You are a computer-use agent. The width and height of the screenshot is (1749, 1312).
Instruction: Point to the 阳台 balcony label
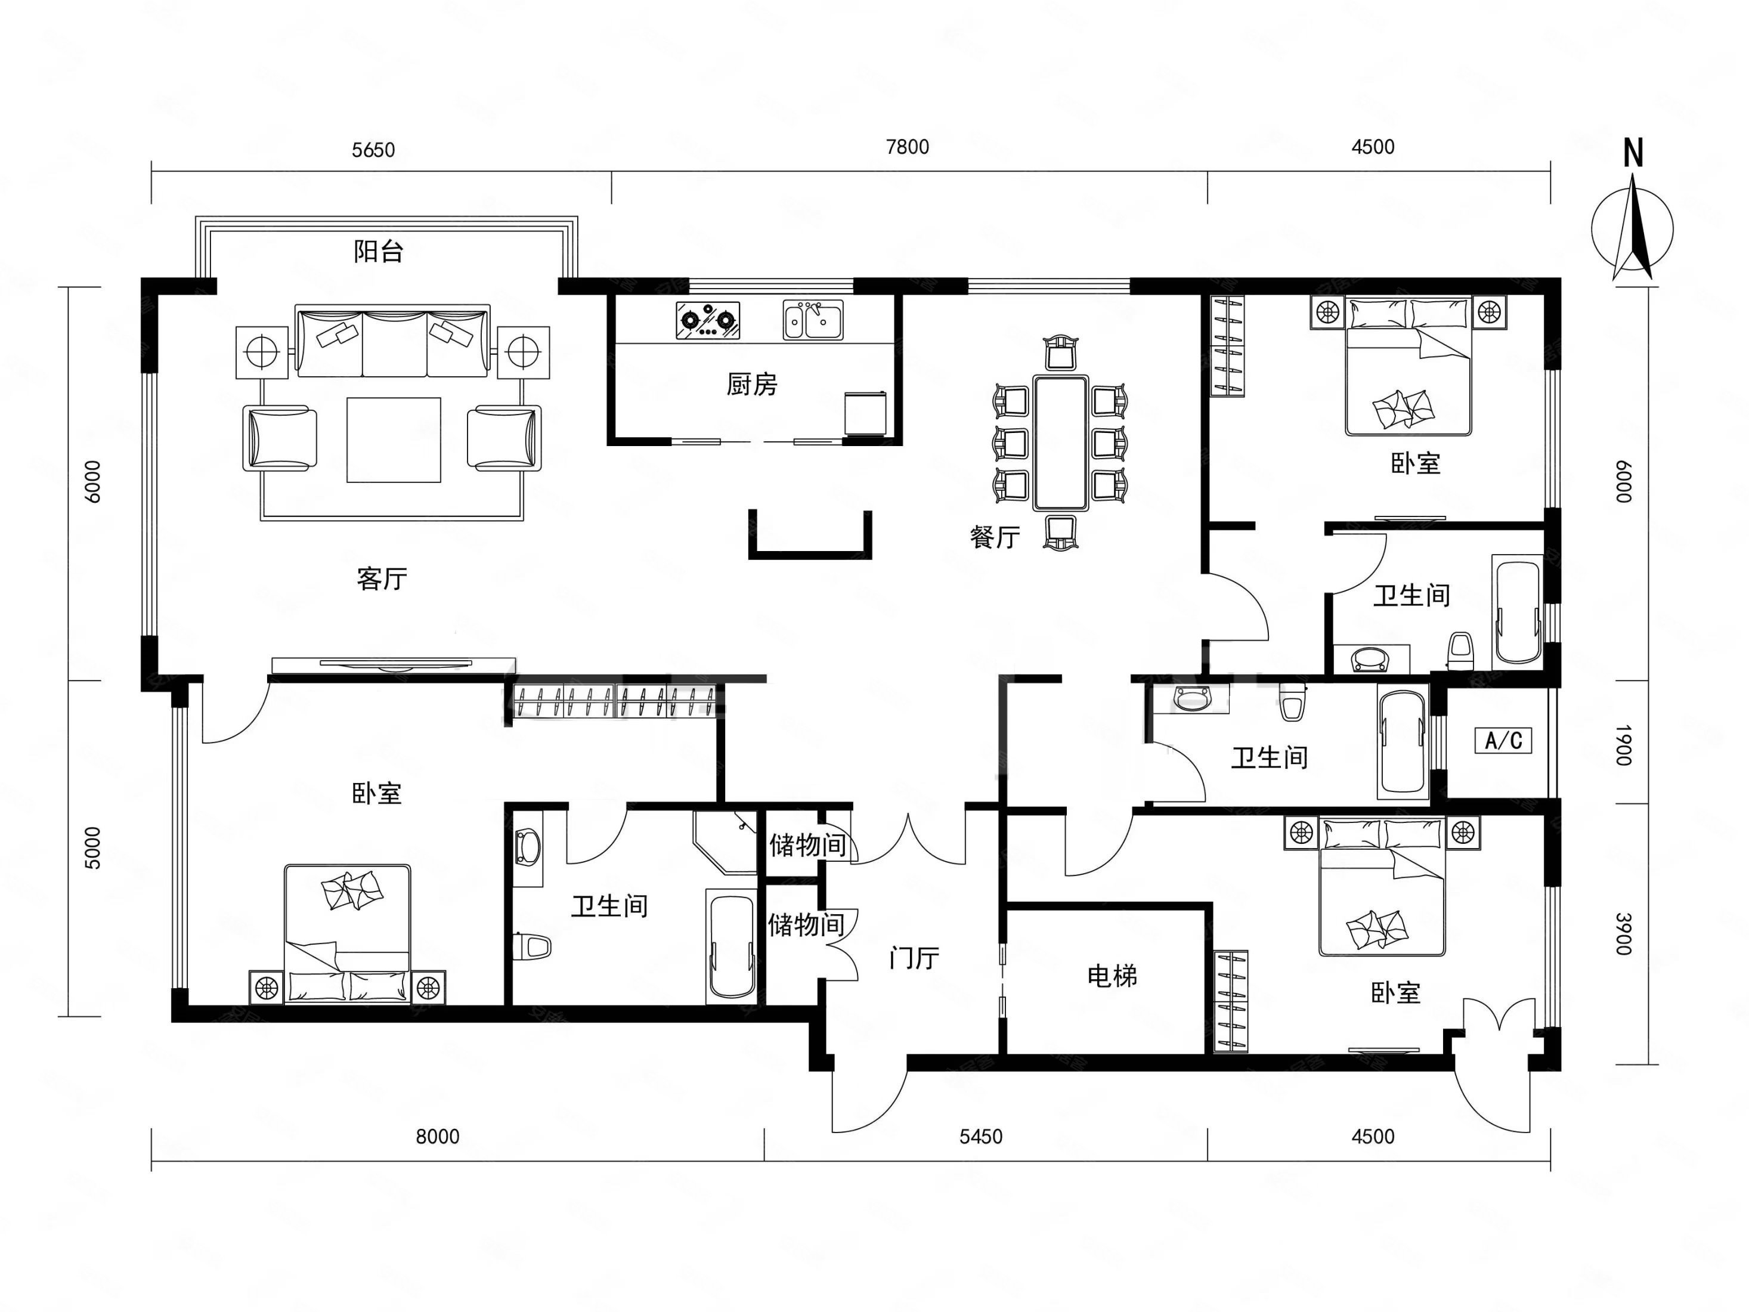(x=379, y=252)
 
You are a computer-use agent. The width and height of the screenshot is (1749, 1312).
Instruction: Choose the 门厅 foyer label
(x=914, y=958)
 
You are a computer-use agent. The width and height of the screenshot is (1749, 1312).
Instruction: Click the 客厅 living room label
(x=382, y=579)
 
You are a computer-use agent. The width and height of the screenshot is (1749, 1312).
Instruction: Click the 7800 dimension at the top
(x=907, y=147)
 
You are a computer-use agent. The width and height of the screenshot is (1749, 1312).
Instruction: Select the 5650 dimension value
(x=373, y=150)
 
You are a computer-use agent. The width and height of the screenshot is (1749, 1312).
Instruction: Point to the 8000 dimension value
(x=437, y=1137)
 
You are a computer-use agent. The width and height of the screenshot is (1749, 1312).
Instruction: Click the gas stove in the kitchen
(x=708, y=320)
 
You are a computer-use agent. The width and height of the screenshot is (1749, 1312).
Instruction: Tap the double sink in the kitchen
(x=813, y=320)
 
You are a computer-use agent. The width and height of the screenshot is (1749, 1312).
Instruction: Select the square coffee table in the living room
(x=394, y=440)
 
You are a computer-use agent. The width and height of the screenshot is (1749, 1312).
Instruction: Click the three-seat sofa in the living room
(x=393, y=341)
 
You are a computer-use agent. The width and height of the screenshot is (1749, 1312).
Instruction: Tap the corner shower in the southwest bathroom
(x=725, y=841)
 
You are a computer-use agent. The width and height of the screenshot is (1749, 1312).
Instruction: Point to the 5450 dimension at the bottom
(x=980, y=1137)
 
